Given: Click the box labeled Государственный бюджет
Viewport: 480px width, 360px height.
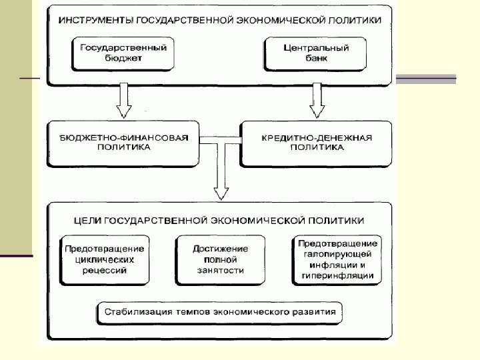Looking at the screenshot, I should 123,54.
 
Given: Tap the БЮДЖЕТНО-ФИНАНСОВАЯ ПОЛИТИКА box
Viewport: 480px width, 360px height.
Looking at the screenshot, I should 124,143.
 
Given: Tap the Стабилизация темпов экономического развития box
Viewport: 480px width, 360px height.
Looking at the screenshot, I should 220,311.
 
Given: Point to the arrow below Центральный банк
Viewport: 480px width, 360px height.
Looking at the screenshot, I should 317,100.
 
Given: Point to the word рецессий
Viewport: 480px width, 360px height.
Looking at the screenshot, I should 104,271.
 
